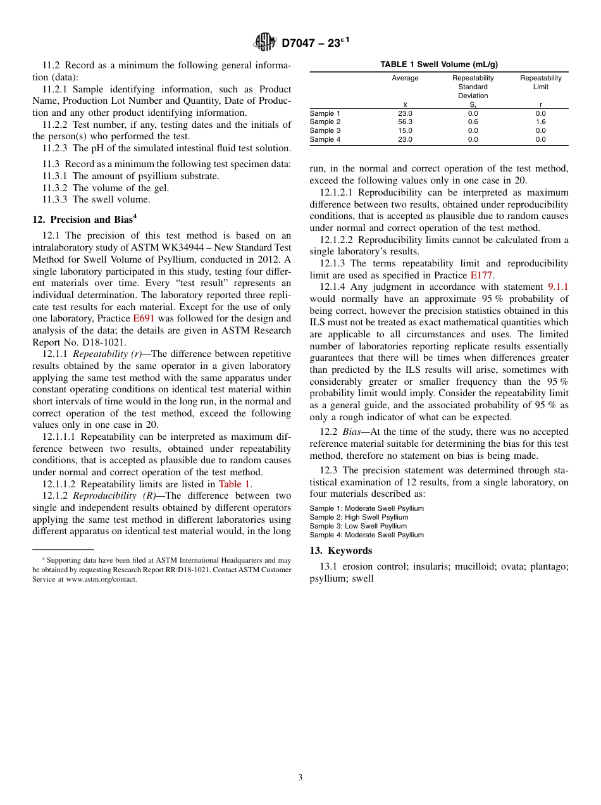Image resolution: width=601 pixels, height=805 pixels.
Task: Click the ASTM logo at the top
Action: coord(264,42)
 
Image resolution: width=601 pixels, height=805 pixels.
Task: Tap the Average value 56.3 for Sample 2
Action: coord(405,122)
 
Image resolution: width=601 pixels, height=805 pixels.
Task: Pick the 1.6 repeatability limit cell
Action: coord(540,122)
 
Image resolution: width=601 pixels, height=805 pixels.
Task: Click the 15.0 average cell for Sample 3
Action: coord(405,131)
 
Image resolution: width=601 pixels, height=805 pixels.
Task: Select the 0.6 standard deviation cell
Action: coord(473,122)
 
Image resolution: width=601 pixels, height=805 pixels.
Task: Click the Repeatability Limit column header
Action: coord(540,82)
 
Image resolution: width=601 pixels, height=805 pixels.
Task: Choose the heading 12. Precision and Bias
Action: coord(84,220)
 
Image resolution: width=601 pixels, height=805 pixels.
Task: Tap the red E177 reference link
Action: coord(481,275)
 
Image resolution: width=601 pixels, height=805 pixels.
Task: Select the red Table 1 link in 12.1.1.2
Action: coord(234,484)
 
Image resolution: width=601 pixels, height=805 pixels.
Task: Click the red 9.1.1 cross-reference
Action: coord(558,287)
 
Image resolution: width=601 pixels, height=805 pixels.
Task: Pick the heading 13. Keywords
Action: coord(340,551)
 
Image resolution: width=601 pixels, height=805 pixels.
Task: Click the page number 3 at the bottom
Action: coord(300,778)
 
